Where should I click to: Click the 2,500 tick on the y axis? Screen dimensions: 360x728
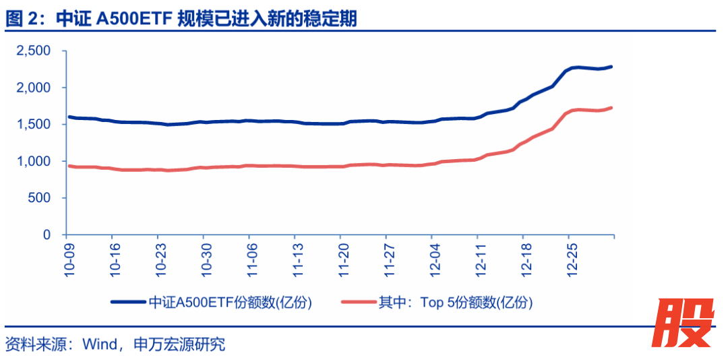33,51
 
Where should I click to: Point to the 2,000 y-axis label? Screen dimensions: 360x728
33,88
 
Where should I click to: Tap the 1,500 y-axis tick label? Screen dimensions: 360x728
33,125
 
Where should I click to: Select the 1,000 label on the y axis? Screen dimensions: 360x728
33,162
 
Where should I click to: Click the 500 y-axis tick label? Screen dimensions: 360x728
40,198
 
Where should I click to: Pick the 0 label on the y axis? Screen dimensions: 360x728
47,235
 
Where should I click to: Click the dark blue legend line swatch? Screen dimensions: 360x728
128,303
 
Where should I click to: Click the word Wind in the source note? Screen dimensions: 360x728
99,345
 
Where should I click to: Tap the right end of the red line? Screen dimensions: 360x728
611,107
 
